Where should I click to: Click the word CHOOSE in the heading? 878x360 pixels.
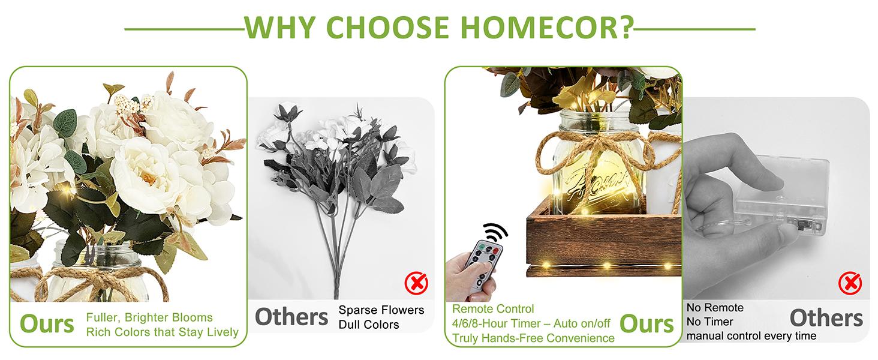click(x=387, y=28)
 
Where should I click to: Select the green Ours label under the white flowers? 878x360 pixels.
click(x=47, y=324)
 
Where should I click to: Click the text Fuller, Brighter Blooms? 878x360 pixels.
click(x=149, y=317)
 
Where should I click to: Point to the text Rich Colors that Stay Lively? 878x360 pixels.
click(x=163, y=332)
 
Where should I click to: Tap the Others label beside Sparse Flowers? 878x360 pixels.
click(x=291, y=317)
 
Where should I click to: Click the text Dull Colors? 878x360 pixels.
click(x=369, y=325)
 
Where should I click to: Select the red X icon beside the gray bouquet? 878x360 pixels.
click(x=416, y=283)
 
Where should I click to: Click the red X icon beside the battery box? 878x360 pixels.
click(x=850, y=283)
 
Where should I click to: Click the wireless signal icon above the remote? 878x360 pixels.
click(x=495, y=233)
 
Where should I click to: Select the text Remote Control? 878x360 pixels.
click(x=493, y=309)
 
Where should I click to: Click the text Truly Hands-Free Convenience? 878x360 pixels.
click(x=533, y=338)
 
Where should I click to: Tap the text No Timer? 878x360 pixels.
click(x=709, y=322)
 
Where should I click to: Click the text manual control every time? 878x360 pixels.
click(x=751, y=335)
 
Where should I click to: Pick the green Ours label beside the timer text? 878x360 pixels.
click(x=647, y=324)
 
